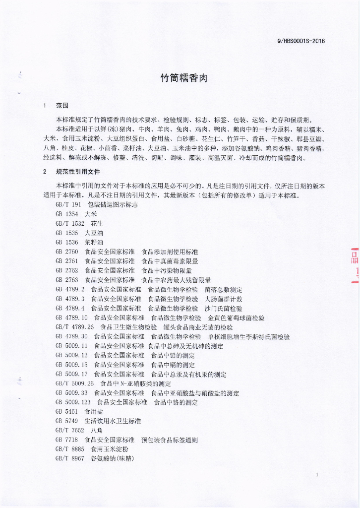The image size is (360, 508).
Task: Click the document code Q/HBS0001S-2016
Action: click(301, 41)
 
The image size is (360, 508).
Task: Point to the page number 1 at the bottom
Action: click(316, 475)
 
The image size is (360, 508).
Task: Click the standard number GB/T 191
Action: click(68, 204)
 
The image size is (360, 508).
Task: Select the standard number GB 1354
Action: click(66, 214)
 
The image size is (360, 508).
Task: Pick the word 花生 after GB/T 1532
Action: click(97, 223)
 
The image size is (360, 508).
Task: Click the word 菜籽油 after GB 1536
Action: click(94, 242)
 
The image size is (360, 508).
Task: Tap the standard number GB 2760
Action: click(66, 252)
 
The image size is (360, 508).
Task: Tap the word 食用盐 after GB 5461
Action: click(94, 411)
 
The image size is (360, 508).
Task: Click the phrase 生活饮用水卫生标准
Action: click(113, 421)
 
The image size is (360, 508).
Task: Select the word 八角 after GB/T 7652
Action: click(97, 430)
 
